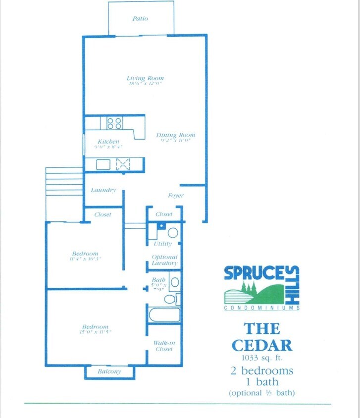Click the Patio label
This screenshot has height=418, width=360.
tap(140, 19)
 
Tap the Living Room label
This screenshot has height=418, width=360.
tap(145, 78)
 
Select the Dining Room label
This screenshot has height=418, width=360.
tap(176, 135)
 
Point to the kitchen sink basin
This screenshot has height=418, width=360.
tap(103, 164)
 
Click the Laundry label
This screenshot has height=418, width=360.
tap(103, 190)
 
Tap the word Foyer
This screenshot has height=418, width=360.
tap(176, 196)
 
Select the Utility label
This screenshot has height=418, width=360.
tap(162, 244)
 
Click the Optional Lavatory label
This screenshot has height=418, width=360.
tap(165, 260)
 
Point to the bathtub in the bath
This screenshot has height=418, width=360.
tap(164, 314)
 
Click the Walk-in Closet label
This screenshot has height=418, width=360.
tap(164, 346)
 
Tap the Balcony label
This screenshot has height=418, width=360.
tap(109, 371)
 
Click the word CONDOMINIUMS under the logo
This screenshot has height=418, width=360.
tap(261, 308)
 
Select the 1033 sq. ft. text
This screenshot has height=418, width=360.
tap(261, 357)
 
